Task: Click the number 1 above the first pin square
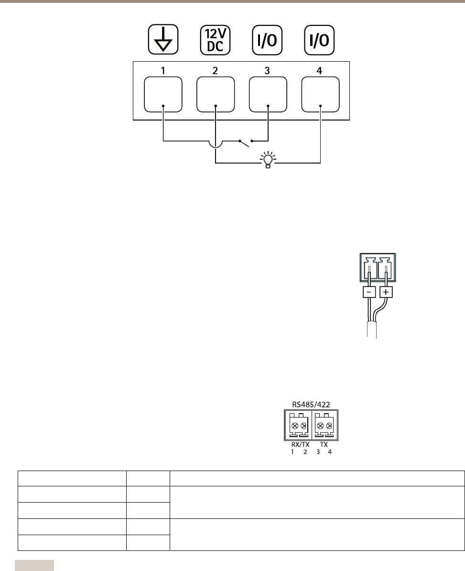[x=163, y=71]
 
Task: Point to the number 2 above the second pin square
[x=216, y=71]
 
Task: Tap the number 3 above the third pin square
[x=268, y=71]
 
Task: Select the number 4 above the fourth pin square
[x=320, y=71]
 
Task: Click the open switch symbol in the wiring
[x=246, y=142]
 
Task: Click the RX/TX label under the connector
[x=300, y=445]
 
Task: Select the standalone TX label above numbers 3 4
[x=324, y=445]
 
